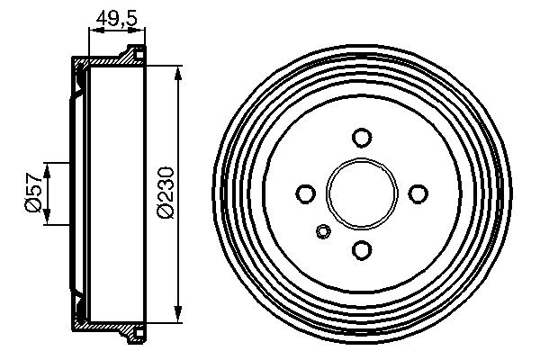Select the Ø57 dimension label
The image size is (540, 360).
coord(31,193)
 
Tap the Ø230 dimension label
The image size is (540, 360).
coord(166,193)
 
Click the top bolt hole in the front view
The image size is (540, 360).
coord(362,138)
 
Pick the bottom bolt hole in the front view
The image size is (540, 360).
coord(362,250)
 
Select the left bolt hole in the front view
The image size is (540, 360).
coord(306,193)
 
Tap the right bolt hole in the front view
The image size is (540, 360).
coord(418,193)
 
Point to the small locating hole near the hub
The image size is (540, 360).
coord(324,233)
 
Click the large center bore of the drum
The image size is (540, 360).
coord(362,193)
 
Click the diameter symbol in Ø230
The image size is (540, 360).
coord(166,213)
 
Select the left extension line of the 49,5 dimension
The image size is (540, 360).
coord(88,45)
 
